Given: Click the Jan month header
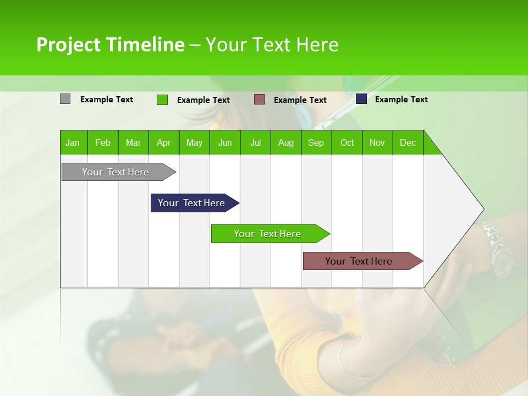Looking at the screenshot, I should point(73,142).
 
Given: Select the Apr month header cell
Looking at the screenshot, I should point(164,142).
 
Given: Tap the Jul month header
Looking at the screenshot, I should point(255,142).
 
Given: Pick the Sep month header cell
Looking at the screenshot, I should point(316,142).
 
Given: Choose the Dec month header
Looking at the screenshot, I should point(408,142).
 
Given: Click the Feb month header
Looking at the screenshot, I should point(103,142).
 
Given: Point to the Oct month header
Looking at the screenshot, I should point(347,142).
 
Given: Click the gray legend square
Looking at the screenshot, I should point(65,99).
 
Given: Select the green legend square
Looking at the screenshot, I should point(162,100).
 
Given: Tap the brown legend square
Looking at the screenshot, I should point(260,100).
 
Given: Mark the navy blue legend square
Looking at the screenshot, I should point(361,99).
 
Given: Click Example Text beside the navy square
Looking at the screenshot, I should point(401,100).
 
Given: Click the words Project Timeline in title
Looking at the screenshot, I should point(110,45).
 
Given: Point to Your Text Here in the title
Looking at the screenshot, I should point(272,45).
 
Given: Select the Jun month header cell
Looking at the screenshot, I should point(225,142).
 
